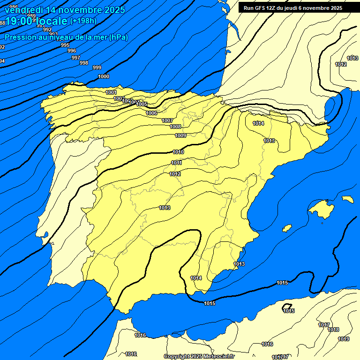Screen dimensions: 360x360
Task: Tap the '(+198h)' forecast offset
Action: (x=83, y=21)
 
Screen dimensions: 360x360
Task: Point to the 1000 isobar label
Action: (x=104, y=76)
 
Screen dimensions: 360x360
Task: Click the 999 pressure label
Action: (x=97, y=67)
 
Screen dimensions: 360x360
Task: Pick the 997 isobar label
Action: (x=75, y=58)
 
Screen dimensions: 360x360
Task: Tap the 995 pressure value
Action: (x=65, y=45)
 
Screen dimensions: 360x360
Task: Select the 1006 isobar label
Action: (x=151, y=113)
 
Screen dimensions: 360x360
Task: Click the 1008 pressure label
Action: (x=175, y=127)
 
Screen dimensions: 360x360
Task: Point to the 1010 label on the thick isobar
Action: (x=178, y=152)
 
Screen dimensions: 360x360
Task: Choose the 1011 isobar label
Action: (x=176, y=163)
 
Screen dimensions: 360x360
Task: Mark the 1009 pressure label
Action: (x=180, y=135)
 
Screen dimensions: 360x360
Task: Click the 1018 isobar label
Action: (x=333, y=330)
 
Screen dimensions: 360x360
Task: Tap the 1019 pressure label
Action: (x=344, y=339)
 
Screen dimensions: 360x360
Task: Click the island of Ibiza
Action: (x=286, y=228)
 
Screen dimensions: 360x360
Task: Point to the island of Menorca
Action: (x=347, y=199)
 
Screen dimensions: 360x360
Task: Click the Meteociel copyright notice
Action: (x=199, y=356)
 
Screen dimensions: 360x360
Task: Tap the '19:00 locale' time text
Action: (x=36, y=21)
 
